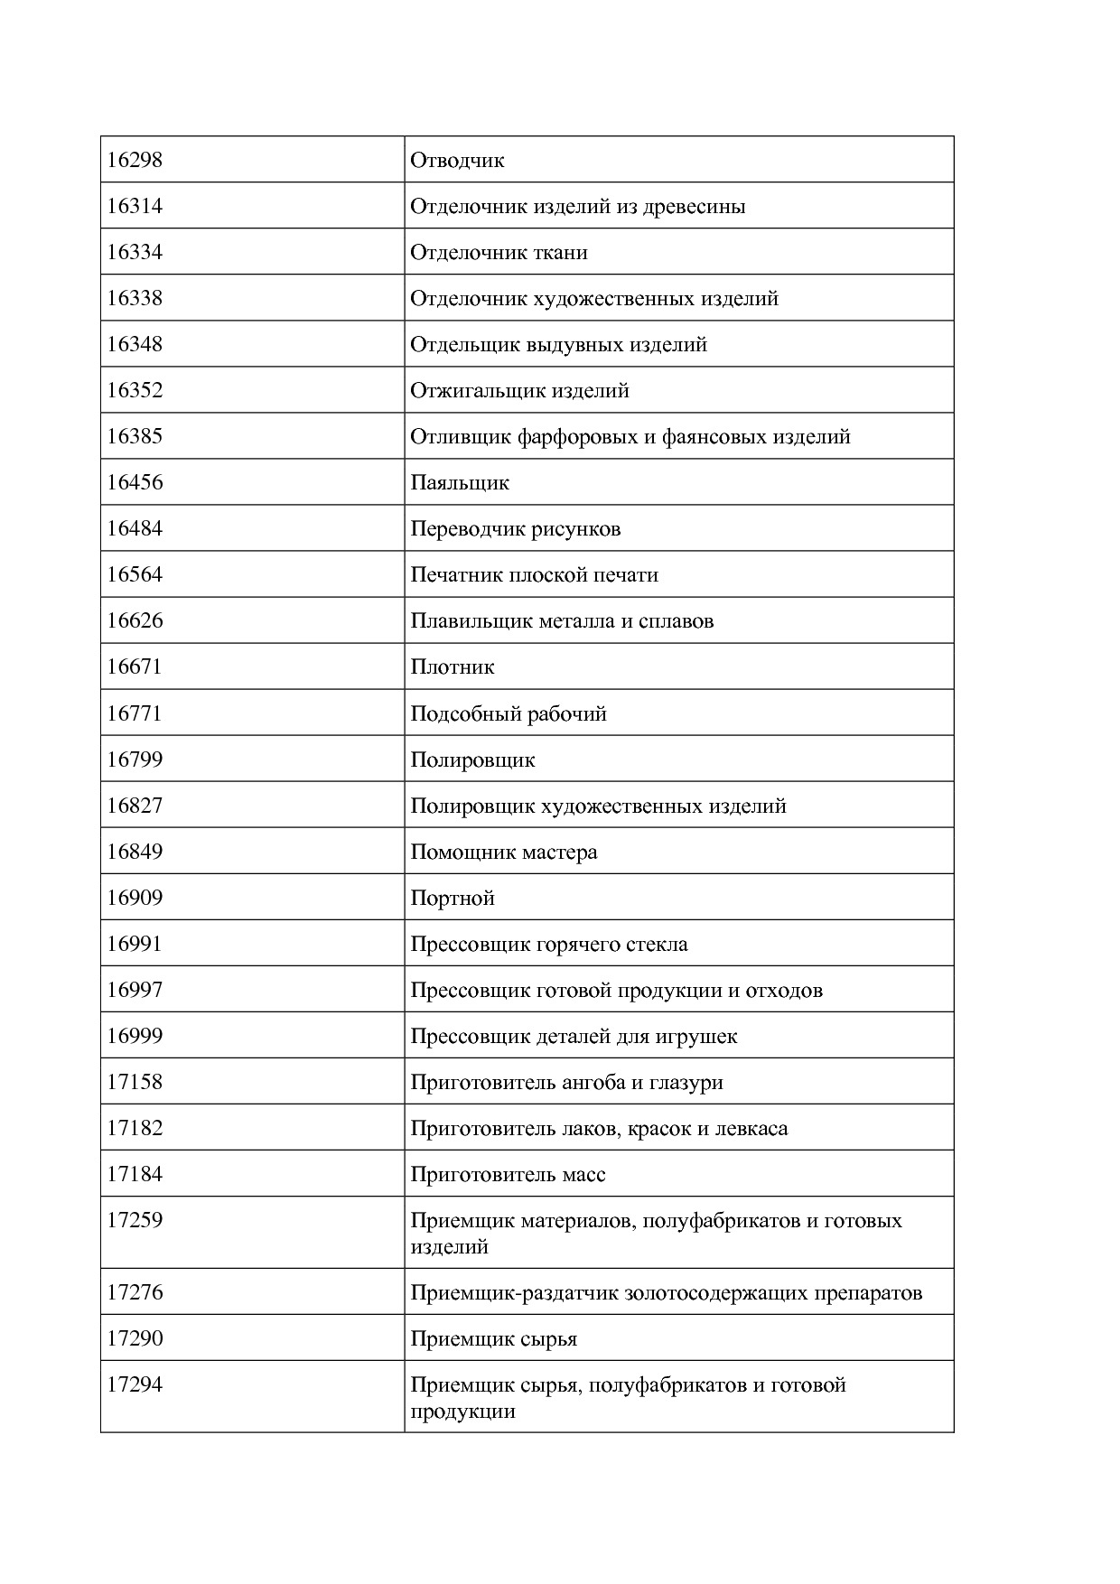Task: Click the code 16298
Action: (135, 160)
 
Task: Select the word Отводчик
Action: (457, 160)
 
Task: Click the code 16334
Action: (135, 252)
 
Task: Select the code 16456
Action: (135, 482)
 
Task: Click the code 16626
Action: (135, 620)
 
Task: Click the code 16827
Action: (135, 806)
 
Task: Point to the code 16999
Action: (135, 1036)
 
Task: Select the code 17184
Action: (135, 1174)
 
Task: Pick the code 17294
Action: (135, 1384)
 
